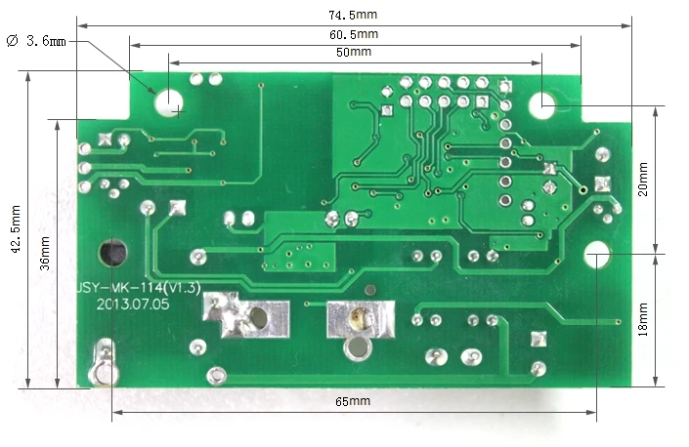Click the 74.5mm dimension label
tap(353, 15)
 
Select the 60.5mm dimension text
tap(354, 34)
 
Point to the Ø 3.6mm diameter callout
tap(36, 41)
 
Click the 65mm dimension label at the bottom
tap(352, 401)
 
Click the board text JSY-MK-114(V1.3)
tap(139, 288)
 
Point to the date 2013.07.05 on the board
tap(133, 304)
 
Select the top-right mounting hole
tap(544, 102)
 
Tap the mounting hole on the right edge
tap(596, 254)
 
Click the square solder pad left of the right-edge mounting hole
tap(602, 183)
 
